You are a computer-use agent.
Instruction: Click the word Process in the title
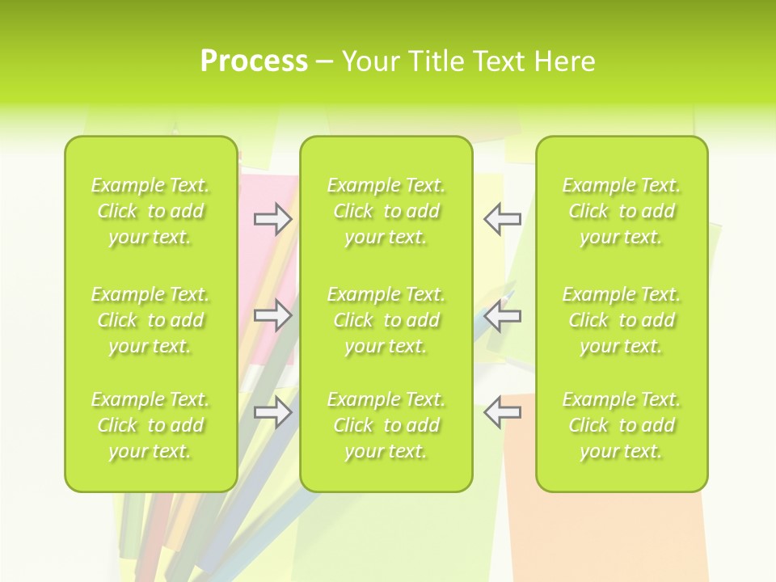point(254,61)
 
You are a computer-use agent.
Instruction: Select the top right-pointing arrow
point(272,218)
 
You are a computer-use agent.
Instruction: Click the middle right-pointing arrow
point(272,314)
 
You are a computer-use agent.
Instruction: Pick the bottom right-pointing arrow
point(272,413)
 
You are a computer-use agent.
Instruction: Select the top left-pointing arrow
point(502,218)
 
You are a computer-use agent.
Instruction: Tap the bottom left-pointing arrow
point(502,411)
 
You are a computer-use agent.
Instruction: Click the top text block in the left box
point(150,211)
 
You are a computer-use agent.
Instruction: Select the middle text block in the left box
point(150,320)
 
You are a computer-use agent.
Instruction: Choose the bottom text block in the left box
point(150,425)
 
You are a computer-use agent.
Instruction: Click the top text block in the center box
point(386,211)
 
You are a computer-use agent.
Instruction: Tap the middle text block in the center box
point(386,320)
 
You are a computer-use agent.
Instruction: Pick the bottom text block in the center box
point(386,425)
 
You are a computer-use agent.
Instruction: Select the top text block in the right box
point(622,211)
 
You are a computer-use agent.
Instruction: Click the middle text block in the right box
point(622,320)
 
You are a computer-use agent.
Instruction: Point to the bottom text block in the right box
point(622,425)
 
